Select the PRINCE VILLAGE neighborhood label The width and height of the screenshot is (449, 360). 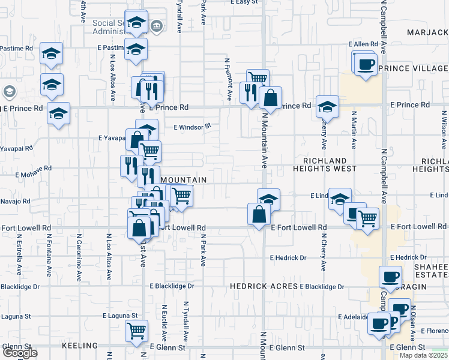pyautogui.click(x=413, y=68)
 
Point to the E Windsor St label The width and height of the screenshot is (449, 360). pyautogui.click(x=193, y=127)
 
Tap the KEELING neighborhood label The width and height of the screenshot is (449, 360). pyautogui.click(x=79, y=346)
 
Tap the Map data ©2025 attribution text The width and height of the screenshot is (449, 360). pyautogui.click(x=424, y=355)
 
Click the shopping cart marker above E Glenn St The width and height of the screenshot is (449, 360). pyautogui.click(x=136, y=329)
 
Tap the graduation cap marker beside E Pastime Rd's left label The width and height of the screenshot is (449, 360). pyautogui.click(x=52, y=53)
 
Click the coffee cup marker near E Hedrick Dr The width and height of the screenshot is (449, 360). pyautogui.click(x=390, y=277)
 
